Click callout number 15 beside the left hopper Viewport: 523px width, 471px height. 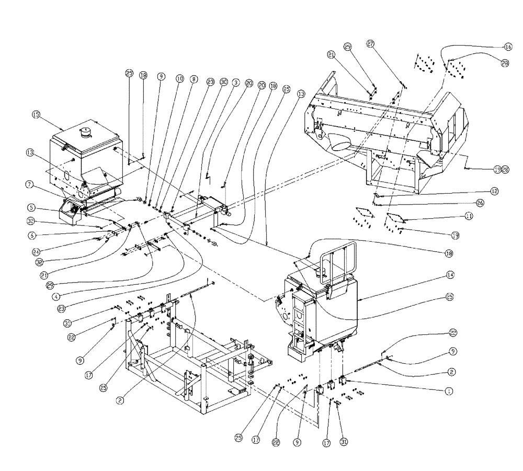click(36, 114)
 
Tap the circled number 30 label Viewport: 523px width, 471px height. click(223, 82)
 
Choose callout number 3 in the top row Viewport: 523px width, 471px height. click(236, 82)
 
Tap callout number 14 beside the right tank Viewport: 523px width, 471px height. click(450, 288)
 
